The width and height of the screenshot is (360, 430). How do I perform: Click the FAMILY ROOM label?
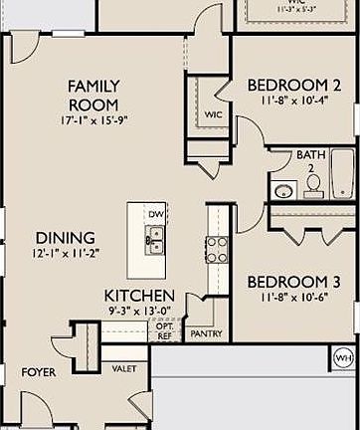[94, 95]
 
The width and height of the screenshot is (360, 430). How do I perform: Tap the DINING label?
[66, 238]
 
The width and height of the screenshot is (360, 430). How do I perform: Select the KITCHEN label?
[140, 297]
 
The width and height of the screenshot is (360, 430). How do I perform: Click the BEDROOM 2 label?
[294, 87]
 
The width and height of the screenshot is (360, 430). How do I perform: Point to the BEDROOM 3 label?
[294, 283]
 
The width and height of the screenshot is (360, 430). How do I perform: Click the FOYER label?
[39, 372]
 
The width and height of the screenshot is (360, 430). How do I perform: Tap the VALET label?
[124, 368]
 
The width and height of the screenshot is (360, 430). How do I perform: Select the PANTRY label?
[206, 334]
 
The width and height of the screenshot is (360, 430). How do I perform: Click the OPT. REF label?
[165, 331]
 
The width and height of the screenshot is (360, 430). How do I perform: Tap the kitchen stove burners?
[216, 245]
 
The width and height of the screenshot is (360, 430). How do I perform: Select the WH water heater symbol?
[343, 357]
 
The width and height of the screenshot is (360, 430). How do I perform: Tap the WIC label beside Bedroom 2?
[212, 115]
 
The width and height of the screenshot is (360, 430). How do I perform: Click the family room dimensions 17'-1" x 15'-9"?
[94, 121]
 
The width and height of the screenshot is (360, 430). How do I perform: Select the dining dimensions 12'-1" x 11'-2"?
[67, 254]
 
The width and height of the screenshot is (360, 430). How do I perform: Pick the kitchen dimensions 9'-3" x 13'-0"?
[140, 312]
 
